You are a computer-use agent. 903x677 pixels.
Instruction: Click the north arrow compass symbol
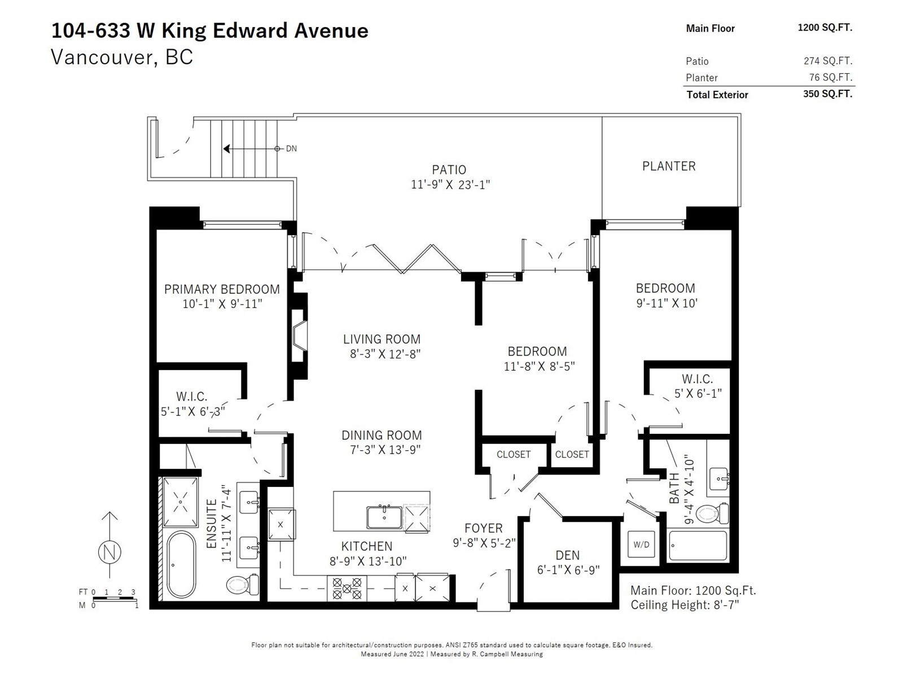click(109, 551)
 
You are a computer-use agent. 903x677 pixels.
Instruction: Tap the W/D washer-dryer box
click(641, 544)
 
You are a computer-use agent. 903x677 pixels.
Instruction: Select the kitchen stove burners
click(347, 588)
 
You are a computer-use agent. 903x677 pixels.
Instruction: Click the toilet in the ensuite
click(244, 584)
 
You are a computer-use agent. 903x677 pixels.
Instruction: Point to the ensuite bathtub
click(181, 564)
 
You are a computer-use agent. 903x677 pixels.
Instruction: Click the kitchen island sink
click(384, 517)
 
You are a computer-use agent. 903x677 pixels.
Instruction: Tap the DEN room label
click(567, 555)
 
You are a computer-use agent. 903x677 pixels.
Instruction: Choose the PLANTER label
click(669, 166)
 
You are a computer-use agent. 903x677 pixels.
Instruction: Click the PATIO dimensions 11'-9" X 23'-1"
click(450, 184)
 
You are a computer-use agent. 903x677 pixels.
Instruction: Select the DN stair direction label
click(291, 149)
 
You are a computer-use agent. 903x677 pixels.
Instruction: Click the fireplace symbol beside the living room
click(299, 337)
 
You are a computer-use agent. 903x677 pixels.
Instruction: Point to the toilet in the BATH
click(712, 513)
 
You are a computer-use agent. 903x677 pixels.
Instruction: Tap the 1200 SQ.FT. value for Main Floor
click(825, 28)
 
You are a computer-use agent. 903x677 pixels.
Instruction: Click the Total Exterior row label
click(717, 95)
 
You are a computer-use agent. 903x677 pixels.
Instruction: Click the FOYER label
click(483, 529)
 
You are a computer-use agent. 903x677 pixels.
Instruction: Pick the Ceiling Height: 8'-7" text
click(685, 605)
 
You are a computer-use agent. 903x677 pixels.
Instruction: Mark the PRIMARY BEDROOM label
click(222, 289)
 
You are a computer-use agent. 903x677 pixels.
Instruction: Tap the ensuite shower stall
click(181, 501)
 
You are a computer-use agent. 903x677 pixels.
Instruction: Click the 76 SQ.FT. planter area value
click(830, 77)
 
